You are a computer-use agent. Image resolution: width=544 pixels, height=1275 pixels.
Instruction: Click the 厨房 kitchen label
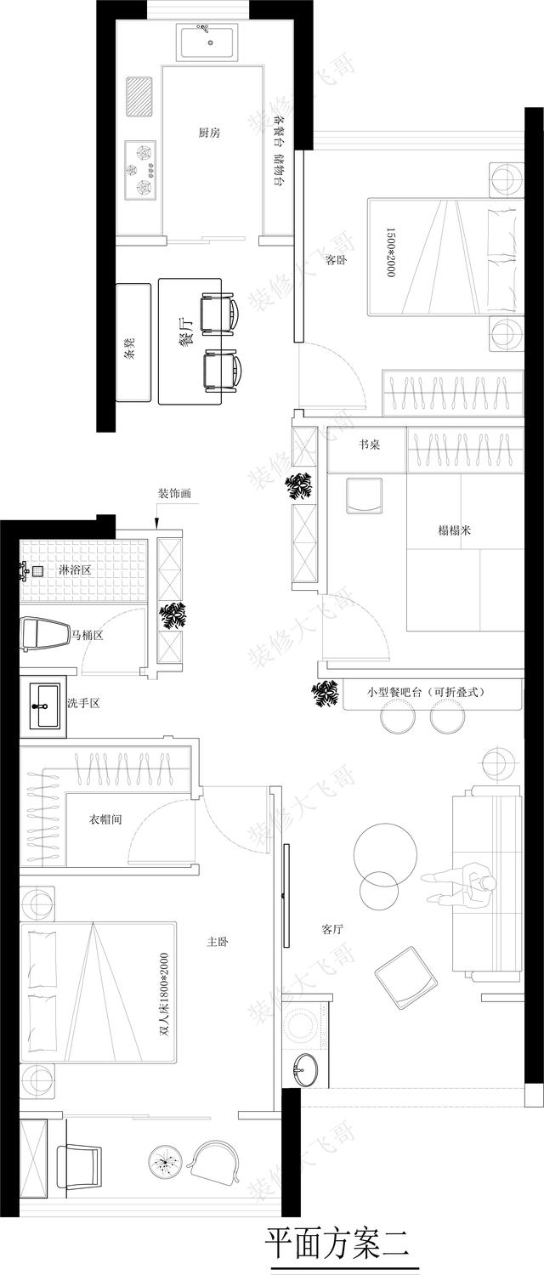[209, 133]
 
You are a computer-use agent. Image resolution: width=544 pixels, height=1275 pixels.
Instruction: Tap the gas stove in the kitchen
[141, 170]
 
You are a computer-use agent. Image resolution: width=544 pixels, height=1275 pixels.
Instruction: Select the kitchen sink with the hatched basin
[139, 98]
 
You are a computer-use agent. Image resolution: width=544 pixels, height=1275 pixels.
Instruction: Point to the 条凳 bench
[133, 343]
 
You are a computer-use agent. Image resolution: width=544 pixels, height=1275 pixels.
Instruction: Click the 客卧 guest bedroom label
[337, 261]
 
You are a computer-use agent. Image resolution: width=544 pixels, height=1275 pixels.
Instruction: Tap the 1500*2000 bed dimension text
[390, 252]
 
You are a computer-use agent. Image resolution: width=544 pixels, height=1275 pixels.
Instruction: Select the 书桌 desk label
[369, 445]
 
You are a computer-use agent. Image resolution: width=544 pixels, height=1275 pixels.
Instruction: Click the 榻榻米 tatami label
[454, 530]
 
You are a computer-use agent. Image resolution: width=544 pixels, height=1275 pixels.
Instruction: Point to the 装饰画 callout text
[174, 494]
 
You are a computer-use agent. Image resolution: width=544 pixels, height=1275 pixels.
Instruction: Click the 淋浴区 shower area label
[75, 569]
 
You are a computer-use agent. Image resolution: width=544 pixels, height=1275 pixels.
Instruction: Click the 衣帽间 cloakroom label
[105, 819]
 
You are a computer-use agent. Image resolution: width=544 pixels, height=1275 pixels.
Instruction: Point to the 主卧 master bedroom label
[218, 942]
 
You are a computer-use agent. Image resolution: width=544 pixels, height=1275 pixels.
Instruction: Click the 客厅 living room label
[332, 929]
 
